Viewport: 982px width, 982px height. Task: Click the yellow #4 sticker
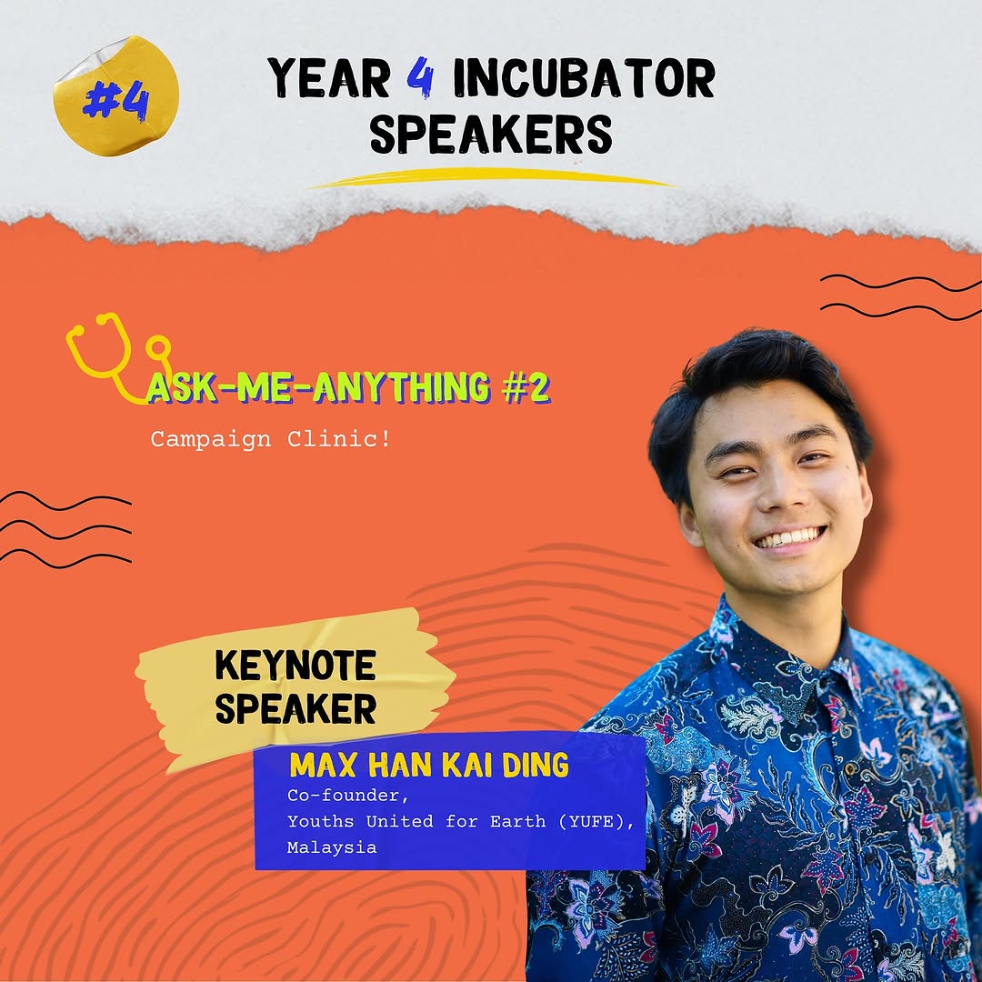pos(116,95)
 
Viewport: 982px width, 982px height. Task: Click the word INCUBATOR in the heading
pos(584,77)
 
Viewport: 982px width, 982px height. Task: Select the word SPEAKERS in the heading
pos(491,133)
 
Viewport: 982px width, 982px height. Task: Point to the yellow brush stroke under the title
pos(495,178)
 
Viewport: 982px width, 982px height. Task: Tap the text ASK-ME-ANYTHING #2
pos(348,387)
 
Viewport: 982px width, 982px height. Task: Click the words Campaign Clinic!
pos(271,439)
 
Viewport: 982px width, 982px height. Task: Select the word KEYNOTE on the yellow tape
pos(296,665)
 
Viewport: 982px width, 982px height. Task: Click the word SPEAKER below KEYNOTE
pos(296,708)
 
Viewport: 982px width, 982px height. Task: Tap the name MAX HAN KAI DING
pos(429,765)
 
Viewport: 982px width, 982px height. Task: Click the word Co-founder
pos(347,796)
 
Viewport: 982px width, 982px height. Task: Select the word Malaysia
pos(332,847)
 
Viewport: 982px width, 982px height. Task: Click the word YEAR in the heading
pos(329,77)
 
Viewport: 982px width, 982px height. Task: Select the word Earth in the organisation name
pos(517,821)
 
